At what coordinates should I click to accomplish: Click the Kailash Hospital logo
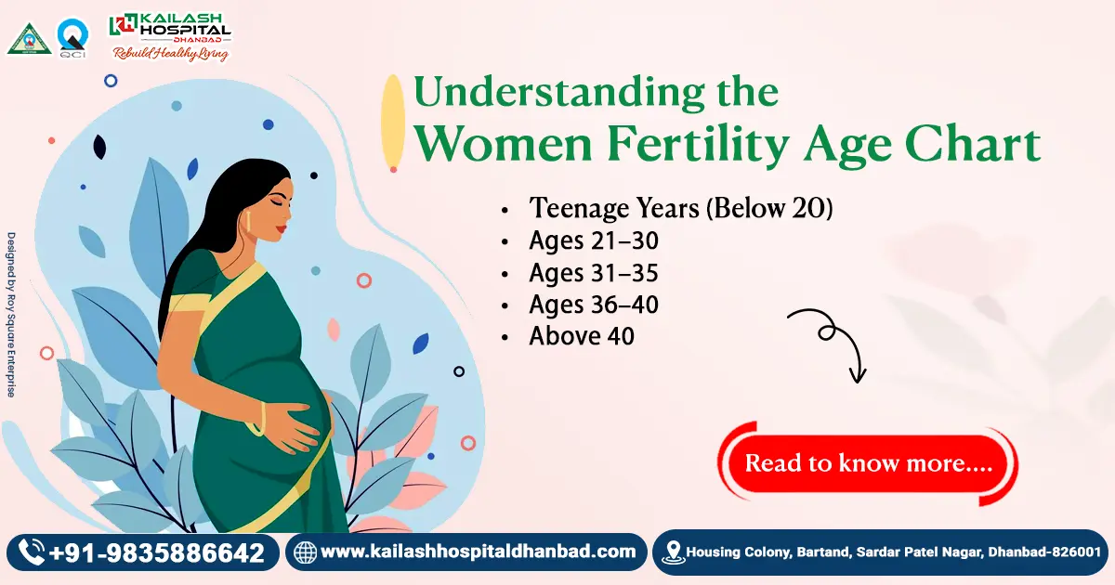pos(170,35)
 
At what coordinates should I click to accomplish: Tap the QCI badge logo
pos(72,38)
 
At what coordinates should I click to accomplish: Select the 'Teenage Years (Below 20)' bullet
pos(680,208)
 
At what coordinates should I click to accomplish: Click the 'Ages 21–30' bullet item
pos(594,241)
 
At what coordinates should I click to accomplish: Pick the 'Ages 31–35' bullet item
pos(594,273)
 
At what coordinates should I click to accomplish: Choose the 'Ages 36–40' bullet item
pos(594,304)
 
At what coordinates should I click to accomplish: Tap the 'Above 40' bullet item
pos(582,335)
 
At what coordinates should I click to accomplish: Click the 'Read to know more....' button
pos(868,463)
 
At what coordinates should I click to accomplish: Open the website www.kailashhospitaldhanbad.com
pos(478,552)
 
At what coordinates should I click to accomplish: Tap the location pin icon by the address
pos(673,552)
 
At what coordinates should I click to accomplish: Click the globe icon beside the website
pos(305,552)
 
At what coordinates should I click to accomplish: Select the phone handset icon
pos(32,552)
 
